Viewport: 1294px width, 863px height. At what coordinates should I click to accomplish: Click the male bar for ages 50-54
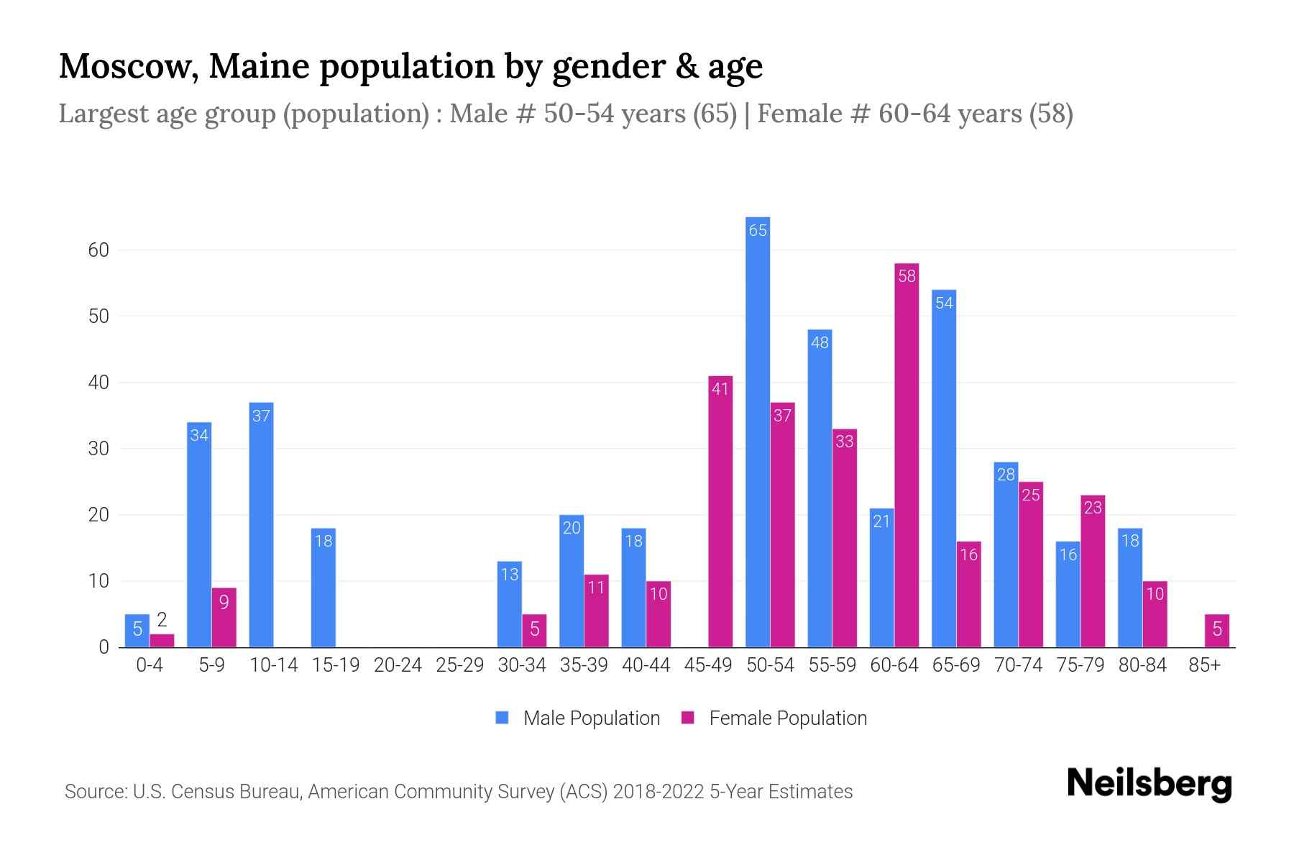(758, 431)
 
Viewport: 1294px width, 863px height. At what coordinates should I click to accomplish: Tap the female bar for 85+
(1216, 631)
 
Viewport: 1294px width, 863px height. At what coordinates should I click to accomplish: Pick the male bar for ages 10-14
(261, 525)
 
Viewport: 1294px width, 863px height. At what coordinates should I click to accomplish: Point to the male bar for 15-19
(323, 588)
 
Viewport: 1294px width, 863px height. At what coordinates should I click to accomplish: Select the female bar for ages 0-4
(162, 640)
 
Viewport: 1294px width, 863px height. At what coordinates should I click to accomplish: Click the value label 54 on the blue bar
(944, 303)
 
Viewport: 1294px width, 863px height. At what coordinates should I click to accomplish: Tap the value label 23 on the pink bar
(1093, 508)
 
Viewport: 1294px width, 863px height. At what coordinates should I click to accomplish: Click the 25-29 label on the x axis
(459, 665)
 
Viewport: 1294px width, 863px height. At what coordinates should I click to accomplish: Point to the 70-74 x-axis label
(1018, 665)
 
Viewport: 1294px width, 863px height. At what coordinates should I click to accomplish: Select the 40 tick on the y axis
(98, 383)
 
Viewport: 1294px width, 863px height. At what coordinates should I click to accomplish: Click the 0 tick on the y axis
(104, 647)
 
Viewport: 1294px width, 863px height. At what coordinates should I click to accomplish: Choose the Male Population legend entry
(577, 718)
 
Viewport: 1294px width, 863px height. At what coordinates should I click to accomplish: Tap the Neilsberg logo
(1149, 784)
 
